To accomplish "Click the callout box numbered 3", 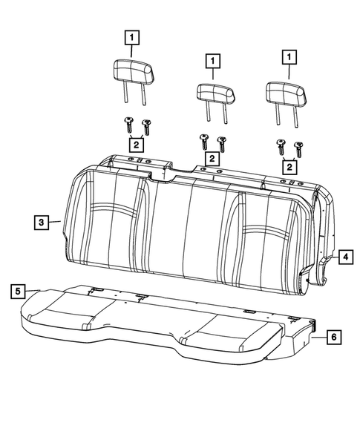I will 41,222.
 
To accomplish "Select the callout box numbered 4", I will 345,257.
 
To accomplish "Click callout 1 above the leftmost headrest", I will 131,36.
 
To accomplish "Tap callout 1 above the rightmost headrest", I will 286,56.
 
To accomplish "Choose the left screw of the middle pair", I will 203,139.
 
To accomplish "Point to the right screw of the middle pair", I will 220,142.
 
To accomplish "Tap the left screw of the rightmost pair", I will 281,144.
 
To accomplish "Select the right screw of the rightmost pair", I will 298,147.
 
